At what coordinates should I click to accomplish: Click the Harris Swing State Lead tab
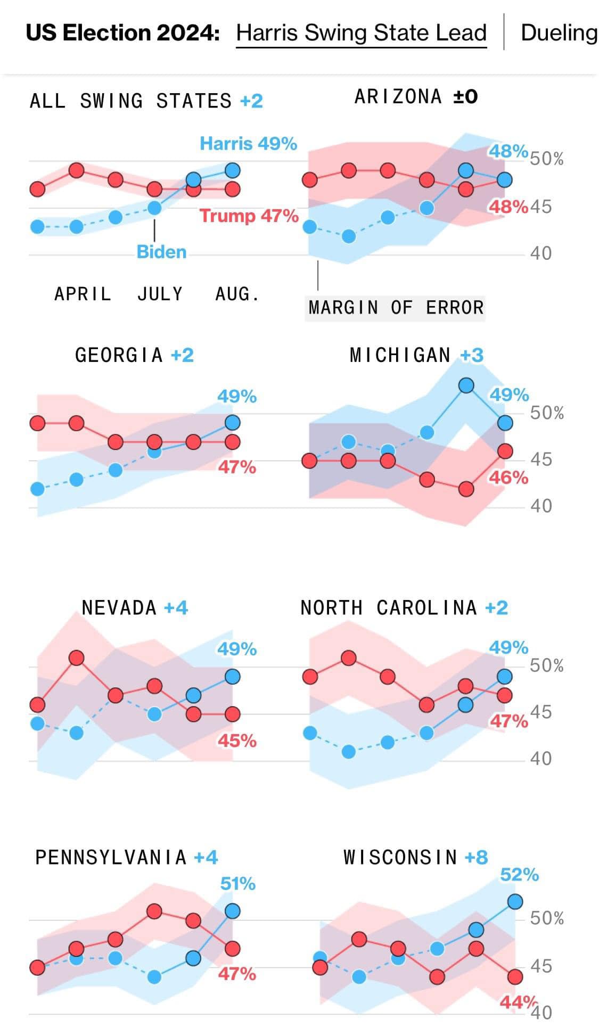coord(361,33)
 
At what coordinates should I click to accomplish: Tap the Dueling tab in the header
coord(559,33)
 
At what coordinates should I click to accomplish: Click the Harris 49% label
coord(248,144)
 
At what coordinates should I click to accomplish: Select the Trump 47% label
coord(249,216)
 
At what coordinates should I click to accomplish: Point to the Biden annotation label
coord(161,252)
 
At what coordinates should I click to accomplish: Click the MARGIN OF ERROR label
coord(396,308)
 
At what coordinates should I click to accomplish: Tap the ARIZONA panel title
coord(398,97)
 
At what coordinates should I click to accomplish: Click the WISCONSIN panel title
coord(400,858)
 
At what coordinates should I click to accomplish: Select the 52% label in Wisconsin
coord(519,875)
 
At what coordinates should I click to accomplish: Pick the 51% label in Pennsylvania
coord(237,884)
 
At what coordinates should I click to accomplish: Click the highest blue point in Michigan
coord(466,385)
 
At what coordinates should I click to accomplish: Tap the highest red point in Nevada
coord(77,658)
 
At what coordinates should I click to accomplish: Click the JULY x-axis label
coord(160,294)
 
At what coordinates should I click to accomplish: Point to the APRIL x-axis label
coord(83,294)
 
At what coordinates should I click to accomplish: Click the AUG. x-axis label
coord(237,294)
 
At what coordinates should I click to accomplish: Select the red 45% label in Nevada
coord(237,741)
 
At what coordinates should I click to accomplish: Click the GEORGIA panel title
coord(119,355)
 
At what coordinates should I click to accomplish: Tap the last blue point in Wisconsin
coord(515,902)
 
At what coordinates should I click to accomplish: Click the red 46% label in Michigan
coord(508,478)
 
